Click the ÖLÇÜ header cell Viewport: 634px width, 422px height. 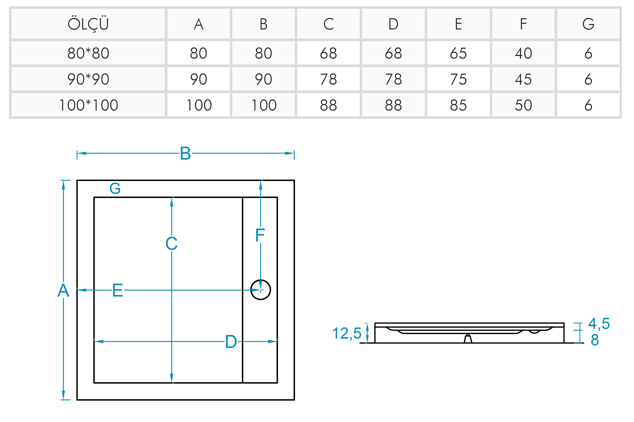88,24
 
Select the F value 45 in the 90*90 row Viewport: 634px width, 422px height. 523,79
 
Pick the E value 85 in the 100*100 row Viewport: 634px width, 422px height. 458,105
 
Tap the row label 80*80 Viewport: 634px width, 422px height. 88,53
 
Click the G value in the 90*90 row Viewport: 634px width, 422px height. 588,79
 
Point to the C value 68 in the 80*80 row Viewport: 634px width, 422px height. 328,53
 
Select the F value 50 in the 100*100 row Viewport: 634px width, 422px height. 523,105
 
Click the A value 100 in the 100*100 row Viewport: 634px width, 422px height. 199,105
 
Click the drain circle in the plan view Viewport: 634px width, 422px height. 260,290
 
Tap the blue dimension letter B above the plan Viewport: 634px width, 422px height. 185,153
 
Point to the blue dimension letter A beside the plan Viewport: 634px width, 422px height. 63,290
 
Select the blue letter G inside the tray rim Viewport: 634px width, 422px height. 115,188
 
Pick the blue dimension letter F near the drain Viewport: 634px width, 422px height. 260,235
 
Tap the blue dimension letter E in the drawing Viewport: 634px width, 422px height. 118,290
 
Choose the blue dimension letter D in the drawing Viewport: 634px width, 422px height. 231,342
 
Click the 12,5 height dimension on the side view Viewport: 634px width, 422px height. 347,333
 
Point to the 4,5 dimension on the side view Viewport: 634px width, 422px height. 599,324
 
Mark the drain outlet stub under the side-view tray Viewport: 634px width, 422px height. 468,339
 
